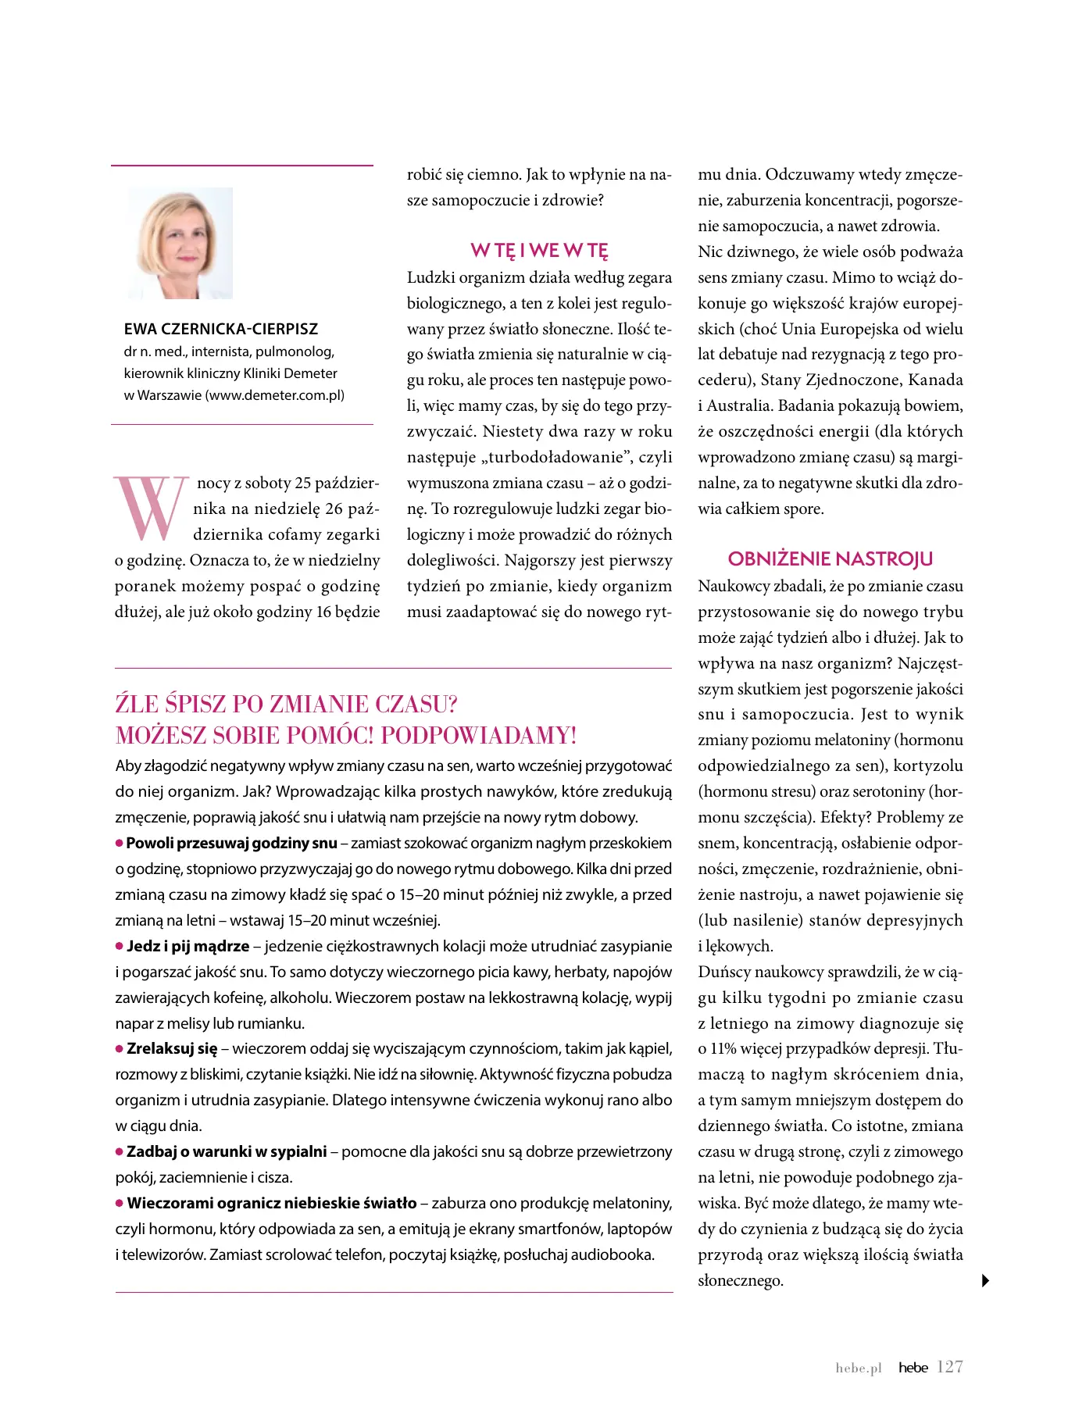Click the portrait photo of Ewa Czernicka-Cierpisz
tap(180, 244)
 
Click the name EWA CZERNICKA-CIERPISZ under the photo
tap(220, 329)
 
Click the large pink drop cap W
tap(151, 508)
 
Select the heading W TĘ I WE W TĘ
tap(539, 251)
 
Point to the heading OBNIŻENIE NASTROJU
tap(830, 559)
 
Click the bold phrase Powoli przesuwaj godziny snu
tap(231, 843)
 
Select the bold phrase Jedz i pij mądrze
tap(188, 946)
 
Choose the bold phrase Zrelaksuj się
tap(172, 1048)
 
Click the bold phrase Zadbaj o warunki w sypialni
tap(227, 1151)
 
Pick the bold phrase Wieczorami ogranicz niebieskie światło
tap(272, 1203)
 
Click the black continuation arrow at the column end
tap(986, 1280)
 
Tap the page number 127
tap(949, 1367)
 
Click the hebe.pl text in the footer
tap(859, 1368)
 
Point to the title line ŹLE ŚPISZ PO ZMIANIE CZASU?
tap(286, 704)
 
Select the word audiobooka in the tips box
tap(613, 1254)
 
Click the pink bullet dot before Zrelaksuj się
tap(120, 1048)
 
